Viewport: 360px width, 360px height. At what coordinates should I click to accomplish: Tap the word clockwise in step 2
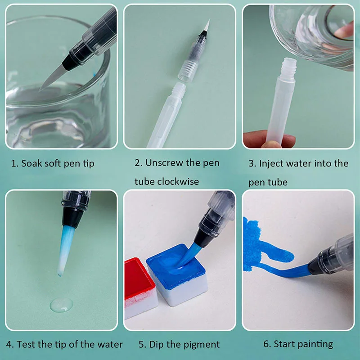tap(178, 182)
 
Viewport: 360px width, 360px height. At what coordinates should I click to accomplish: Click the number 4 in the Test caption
tap(9, 344)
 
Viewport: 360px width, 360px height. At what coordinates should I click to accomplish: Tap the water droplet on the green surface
tap(62, 305)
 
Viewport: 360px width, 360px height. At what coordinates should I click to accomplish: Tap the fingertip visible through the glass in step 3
tap(344, 30)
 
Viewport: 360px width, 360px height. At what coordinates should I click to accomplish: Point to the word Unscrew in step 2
tap(164, 163)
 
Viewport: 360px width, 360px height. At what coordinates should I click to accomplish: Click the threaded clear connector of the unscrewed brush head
tap(188, 69)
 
